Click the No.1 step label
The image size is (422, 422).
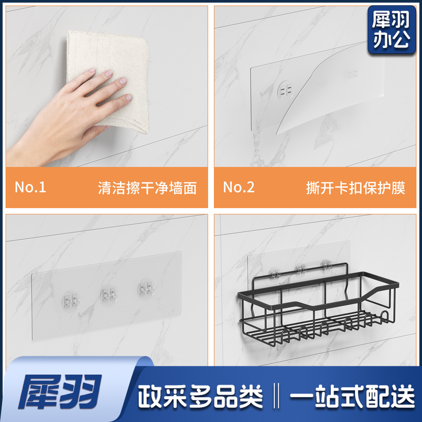click(30, 187)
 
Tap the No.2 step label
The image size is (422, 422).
click(239, 187)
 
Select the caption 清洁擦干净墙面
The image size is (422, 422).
click(147, 188)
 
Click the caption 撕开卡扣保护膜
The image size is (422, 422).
click(356, 188)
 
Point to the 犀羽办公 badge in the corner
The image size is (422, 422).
click(392, 30)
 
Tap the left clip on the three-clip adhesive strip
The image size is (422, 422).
click(71, 301)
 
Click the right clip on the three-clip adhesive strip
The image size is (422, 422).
click(147, 287)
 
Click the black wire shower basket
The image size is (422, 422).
click(318, 306)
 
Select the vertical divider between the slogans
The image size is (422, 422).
click(276, 396)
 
